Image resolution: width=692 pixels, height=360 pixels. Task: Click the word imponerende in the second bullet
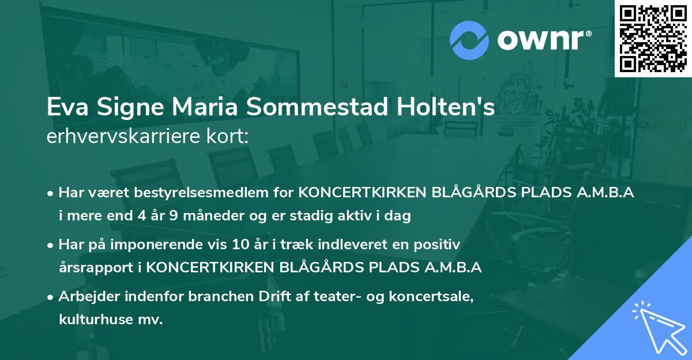coord(164,245)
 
